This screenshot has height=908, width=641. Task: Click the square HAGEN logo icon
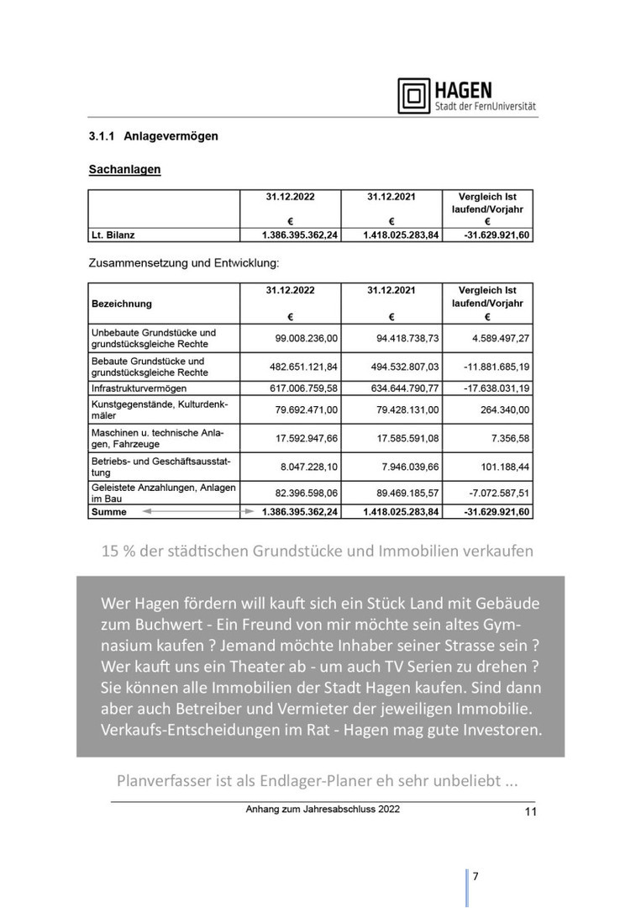pos(413,96)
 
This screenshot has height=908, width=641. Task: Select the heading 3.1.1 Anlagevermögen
pos(153,136)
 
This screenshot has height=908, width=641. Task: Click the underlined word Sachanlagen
pos(124,170)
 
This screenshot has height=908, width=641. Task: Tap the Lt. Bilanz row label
pos(113,235)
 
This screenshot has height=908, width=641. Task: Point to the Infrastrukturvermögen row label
pos(139,388)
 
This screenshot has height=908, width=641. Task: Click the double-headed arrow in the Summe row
pos(197,511)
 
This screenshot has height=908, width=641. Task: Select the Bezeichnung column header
pos(122,304)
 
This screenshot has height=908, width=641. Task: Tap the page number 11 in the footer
pos(530,811)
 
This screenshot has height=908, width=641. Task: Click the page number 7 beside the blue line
pos(475,876)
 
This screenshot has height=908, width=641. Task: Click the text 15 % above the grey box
pos(118,552)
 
